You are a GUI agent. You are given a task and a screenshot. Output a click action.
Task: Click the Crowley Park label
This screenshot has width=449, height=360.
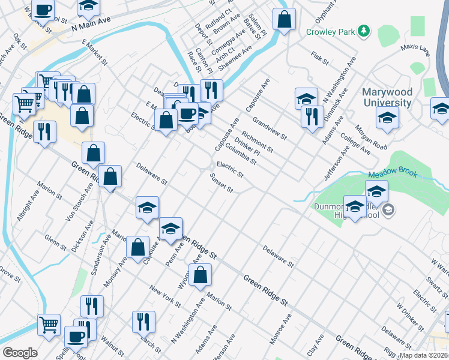click(331, 32)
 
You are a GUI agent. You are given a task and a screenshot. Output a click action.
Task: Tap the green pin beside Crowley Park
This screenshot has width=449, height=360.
click(363, 30)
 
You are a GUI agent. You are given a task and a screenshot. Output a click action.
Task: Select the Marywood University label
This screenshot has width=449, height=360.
click(387, 98)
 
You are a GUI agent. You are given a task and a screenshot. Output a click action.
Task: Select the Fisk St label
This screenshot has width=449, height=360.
click(320, 58)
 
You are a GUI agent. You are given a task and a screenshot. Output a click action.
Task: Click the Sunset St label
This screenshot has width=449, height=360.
click(221, 184)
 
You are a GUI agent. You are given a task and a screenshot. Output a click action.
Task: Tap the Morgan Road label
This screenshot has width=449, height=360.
click(372, 137)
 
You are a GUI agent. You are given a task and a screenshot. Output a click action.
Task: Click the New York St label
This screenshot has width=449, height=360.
click(165, 296)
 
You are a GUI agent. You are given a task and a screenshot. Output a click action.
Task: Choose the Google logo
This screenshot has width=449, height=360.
click(20, 353)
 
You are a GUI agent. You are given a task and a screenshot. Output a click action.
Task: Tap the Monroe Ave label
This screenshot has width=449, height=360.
click(282, 329)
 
